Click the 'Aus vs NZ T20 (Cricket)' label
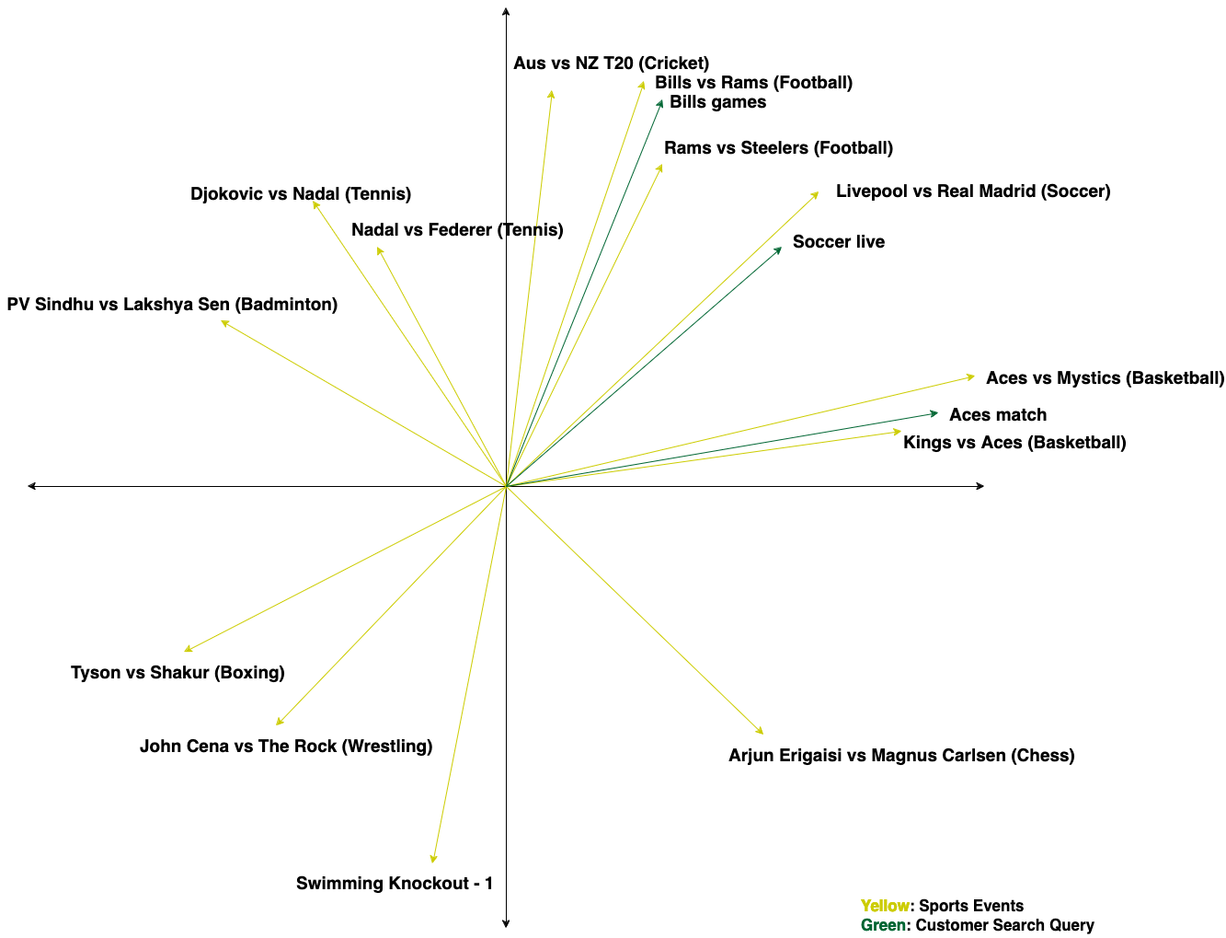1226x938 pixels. pyautogui.click(x=611, y=64)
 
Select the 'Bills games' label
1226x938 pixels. pyautogui.click(x=717, y=102)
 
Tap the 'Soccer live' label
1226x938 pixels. pyautogui.click(x=838, y=242)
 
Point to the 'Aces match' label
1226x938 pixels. pyautogui.click(x=997, y=415)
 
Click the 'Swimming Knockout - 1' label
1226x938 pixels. pyautogui.click(x=394, y=884)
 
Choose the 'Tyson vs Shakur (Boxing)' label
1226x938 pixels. pyautogui.click(x=178, y=673)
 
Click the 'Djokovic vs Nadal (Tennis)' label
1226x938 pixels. pyautogui.click(x=301, y=194)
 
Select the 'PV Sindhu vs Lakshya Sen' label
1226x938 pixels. pyautogui.click(x=172, y=305)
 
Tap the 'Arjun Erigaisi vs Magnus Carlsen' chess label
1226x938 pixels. pyautogui.click(x=900, y=756)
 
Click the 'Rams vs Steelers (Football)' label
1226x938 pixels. pyautogui.click(x=778, y=148)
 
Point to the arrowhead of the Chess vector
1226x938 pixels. pyautogui.click(x=762, y=732)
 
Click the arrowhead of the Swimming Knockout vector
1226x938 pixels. pyautogui.click(x=433, y=860)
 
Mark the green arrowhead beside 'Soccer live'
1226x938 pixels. pyautogui.click(x=779, y=249)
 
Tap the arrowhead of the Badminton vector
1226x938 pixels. pyautogui.click(x=223, y=322)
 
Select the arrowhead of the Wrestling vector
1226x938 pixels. pyautogui.click(x=279, y=723)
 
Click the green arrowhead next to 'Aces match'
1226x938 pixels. pyautogui.click(x=934, y=413)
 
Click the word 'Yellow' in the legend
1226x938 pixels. pyautogui.click(x=884, y=906)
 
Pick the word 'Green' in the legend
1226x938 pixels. pyautogui.click(x=883, y=925)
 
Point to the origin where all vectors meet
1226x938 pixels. pyautogui.click(x=506, y=485)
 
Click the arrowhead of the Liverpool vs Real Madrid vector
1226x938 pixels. pyautogui.click(x=816, y=194)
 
